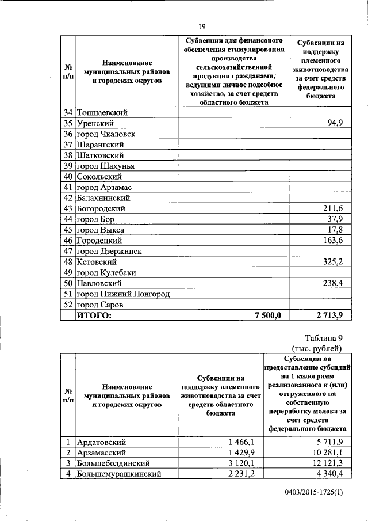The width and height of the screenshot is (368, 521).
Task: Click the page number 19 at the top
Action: pyautogui.click(x=202, y=26)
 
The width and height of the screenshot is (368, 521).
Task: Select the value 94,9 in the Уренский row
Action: pyautogui.click(x=332, y=123)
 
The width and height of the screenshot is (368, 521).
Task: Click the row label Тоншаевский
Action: pyautogui.click(x=103, y=113)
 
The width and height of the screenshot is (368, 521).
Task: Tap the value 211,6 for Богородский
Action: pyautogui.click(x=330, y=208)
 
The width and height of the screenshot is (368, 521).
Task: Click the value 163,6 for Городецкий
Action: pyautogui.click(x=330, y=241)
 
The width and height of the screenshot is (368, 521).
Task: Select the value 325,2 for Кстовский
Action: pyautogui.click(x=330, y=262)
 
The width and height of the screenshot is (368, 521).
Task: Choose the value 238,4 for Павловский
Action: pyautogui.click(x=330, y=283)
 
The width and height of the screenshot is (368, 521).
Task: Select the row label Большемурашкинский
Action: pyautogui.click(x=118, y=474)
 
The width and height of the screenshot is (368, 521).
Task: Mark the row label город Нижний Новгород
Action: pyautogui.click(x=124, y=294)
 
